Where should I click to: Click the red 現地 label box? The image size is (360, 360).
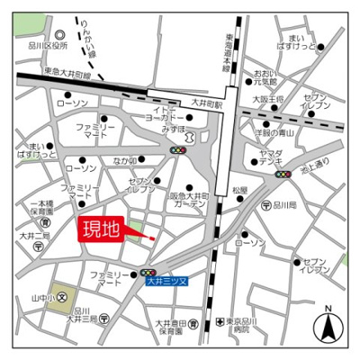(x=101, y=229)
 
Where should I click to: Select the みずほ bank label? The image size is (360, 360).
(x=174, y=129)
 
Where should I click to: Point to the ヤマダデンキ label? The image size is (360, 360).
(x=274, y=157)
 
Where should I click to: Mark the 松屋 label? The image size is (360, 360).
(x=238, y=190)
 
